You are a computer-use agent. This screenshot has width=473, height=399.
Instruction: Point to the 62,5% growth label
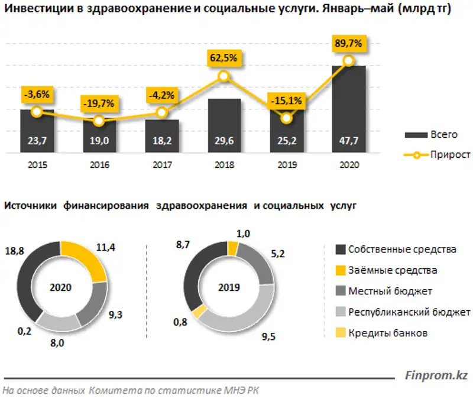pos(223,58)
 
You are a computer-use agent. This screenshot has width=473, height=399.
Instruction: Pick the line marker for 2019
pos(286,118)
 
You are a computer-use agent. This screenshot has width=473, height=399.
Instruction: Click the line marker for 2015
pos(37,112)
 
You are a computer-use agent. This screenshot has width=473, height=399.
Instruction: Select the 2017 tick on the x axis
pos(161,166)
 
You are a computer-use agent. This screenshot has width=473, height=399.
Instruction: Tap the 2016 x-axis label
pos(99,166)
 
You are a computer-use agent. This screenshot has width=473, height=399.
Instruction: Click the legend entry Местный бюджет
pos(390,291)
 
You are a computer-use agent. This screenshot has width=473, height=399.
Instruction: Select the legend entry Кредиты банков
pos(387,333)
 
